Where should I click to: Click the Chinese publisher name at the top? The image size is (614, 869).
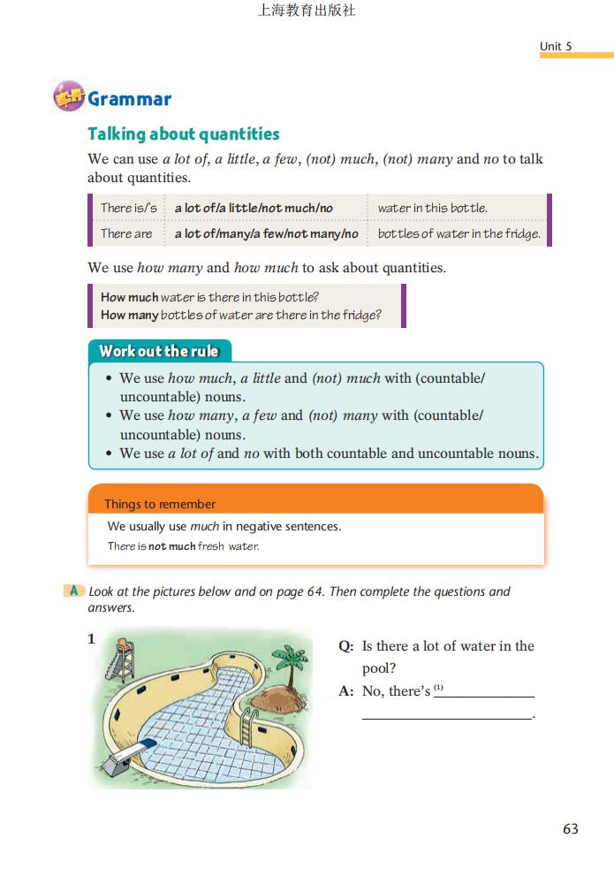pyautogui.click(x=307, y=11)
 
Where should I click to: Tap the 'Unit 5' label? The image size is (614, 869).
pyautogui.click(x=556, y=46)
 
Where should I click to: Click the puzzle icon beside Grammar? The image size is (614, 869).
pyautogui.click(x=68, y=97)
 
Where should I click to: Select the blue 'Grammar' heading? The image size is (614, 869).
pyautogui.click(x=129, y=99)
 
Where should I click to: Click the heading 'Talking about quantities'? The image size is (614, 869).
pyautogui.click(x=183, y=134)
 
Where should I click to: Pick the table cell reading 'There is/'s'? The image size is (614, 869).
pyautogui.click(x=128, y=208)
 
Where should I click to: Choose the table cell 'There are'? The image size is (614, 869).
pyautogui.click(x=126, y=233)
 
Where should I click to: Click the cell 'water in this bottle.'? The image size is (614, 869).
pyautogui.click(x=432, y=208)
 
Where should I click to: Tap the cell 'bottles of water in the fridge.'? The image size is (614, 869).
pyautogui.click(x=459, y=233)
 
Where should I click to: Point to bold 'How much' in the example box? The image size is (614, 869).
pyautogui.click(x=129, y=297)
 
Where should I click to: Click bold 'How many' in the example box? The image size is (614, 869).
pyautogui.click(x=129, y=315)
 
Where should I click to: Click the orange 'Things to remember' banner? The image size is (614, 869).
pyautogui.click(x=159, y=504)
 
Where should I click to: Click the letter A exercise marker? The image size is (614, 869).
pyautogui.click(x=75, y=591)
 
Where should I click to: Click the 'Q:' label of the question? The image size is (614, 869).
pyautogui.click(x=346, y=646)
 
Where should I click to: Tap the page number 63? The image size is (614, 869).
pyautogui.click(x=570, y=828)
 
